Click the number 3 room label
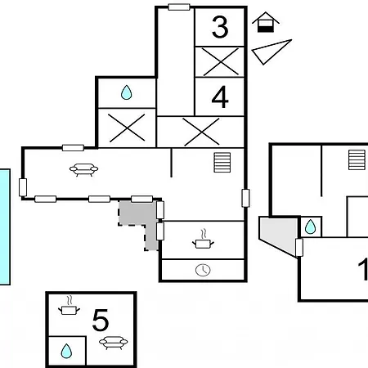(x=220, y=27)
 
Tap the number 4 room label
(x=220, y=97)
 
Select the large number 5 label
(x=101, y=320)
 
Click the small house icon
(x=266, y=22)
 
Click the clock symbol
(x=203, y=270)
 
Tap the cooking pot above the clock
(x=203, y=240)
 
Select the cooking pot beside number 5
(x=69, y=306)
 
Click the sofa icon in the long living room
(x=83, y=169)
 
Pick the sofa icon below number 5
(x=113, y=343)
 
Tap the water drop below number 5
(x=66, y=351)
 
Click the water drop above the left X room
(x=127, y=92)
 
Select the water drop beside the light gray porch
(x=310, y=227)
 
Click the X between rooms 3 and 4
(x=221, y=62)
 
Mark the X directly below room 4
(x=201, y=132)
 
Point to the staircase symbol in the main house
(x=222, y=163)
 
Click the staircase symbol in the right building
(x=357, y=159)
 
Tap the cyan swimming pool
(x=5, y=227)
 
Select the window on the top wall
(x=179, y=7)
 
